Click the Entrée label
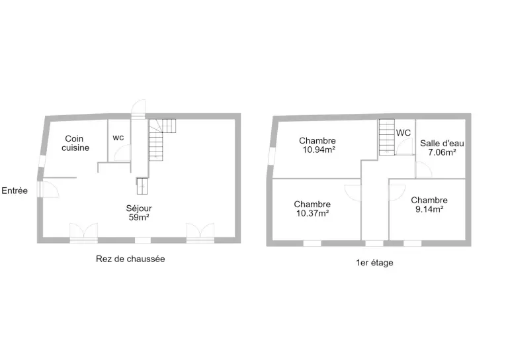pos(15,191)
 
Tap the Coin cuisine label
pos(75,143)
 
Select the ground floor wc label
pos(118,138)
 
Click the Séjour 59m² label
pos(139,212)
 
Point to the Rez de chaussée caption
pos(130,259)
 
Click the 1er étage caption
pos(374,263)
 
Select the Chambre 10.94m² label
pos(317,145)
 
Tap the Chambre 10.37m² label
pos(312,208)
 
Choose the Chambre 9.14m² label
pos(429,204)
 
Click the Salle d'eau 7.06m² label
pos(442,148)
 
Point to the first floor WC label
pos(403,133)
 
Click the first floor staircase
pos(387,138)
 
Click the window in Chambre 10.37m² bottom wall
pos(312,244)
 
